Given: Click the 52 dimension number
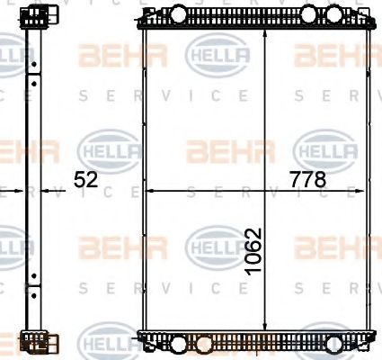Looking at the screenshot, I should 85,180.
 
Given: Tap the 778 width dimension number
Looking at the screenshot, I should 307,180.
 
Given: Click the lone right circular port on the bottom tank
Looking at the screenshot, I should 334,345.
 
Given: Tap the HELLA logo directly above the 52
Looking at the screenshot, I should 111,148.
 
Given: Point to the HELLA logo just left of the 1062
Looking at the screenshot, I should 216,245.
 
